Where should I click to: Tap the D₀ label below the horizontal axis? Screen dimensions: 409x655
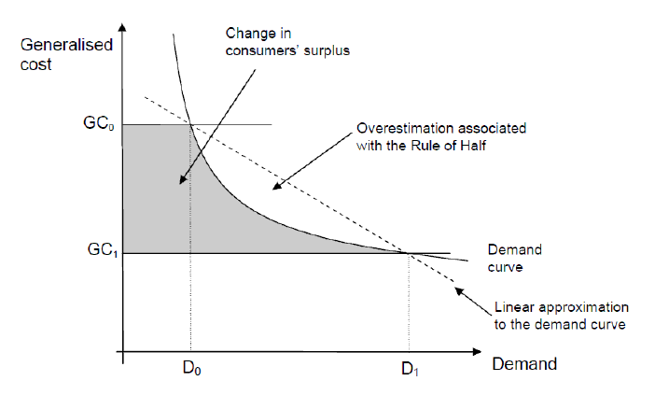[x=189, y=370]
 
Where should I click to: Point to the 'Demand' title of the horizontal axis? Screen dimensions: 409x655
[x=525, y=363]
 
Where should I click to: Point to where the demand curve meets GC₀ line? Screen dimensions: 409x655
[x=189, y=124]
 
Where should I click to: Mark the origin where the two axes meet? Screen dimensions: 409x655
[x=122, y=353]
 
